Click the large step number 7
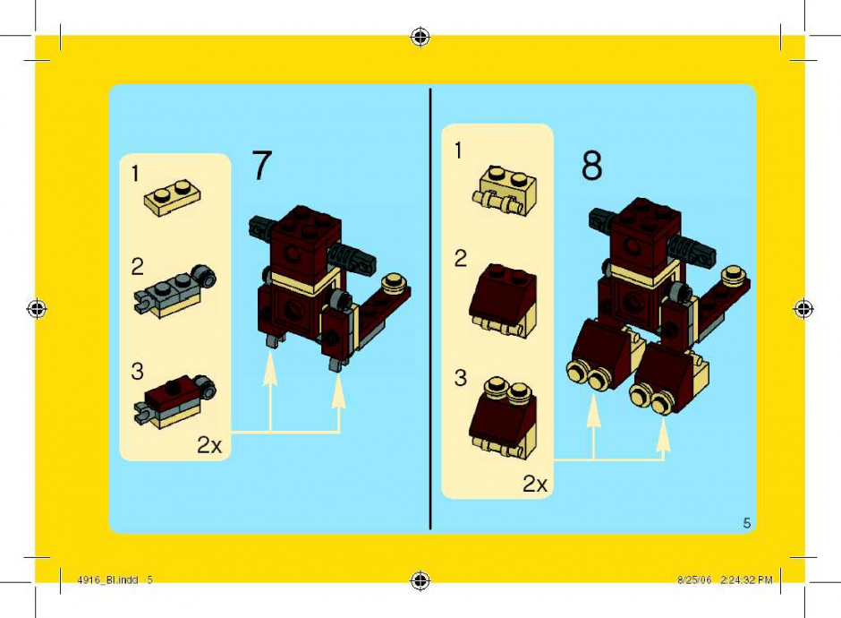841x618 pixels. tap(262, 166)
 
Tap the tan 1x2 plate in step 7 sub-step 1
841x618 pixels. tap(173, 197)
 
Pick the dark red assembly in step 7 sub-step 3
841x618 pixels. tap(174, 400)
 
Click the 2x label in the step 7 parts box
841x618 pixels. tap(209, 445)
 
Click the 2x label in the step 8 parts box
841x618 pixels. tap(535, 485)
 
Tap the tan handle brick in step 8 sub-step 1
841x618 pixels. tap(505, 191)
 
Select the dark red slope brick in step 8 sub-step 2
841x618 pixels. tap(503, 300)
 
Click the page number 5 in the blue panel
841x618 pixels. tap(746, 523)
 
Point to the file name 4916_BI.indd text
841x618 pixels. tap(107, 579)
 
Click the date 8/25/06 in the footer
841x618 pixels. tap(694, 579)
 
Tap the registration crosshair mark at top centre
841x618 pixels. tap(420, 37)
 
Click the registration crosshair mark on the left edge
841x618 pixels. tap(37, 309)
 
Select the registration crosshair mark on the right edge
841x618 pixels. tap(803, 309)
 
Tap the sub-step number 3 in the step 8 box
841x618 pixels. tap(460, 378)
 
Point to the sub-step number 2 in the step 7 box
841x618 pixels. tap(137, 267)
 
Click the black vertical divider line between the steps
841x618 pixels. tap(430, 309)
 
